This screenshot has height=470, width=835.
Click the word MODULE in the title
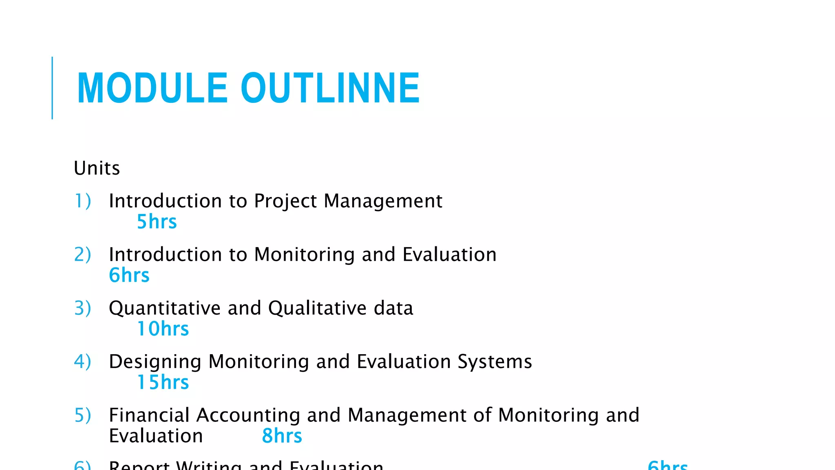pyautogui.click(x=152, y=88)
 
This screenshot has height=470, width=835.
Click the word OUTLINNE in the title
pyautogui.click(x=330, y=88)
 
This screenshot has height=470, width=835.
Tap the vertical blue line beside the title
pyautogui.click(x=52, y=88)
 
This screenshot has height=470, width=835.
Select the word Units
pyautogui.click(x=97, y=168)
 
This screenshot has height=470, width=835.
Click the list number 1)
pyautogui.click(x=82, y=201)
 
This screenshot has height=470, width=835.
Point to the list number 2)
pyautogui.click(x=82, y=255)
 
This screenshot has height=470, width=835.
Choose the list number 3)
pyautogui.click(x=82, y=308)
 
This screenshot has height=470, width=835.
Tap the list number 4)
pyautogui.click(x=82, y=361)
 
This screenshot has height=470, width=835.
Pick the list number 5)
pyautogui.click(x=82, y=415)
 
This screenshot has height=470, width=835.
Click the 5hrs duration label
pyautogui.click(x=157, y=222)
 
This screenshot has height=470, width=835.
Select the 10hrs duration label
pyautogui.click(x=163, y=329)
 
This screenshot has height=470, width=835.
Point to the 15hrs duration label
pyautogui.click(x=163, y=382)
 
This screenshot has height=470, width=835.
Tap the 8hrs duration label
pyautogui.click(x=282, y=436)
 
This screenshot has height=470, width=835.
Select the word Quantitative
pyautogui.click(x=165, y=308)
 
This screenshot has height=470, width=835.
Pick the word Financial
pyautogui.click(x=149, y=415)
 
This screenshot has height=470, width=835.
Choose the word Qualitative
pyautogui.click(x=318, y=308)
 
